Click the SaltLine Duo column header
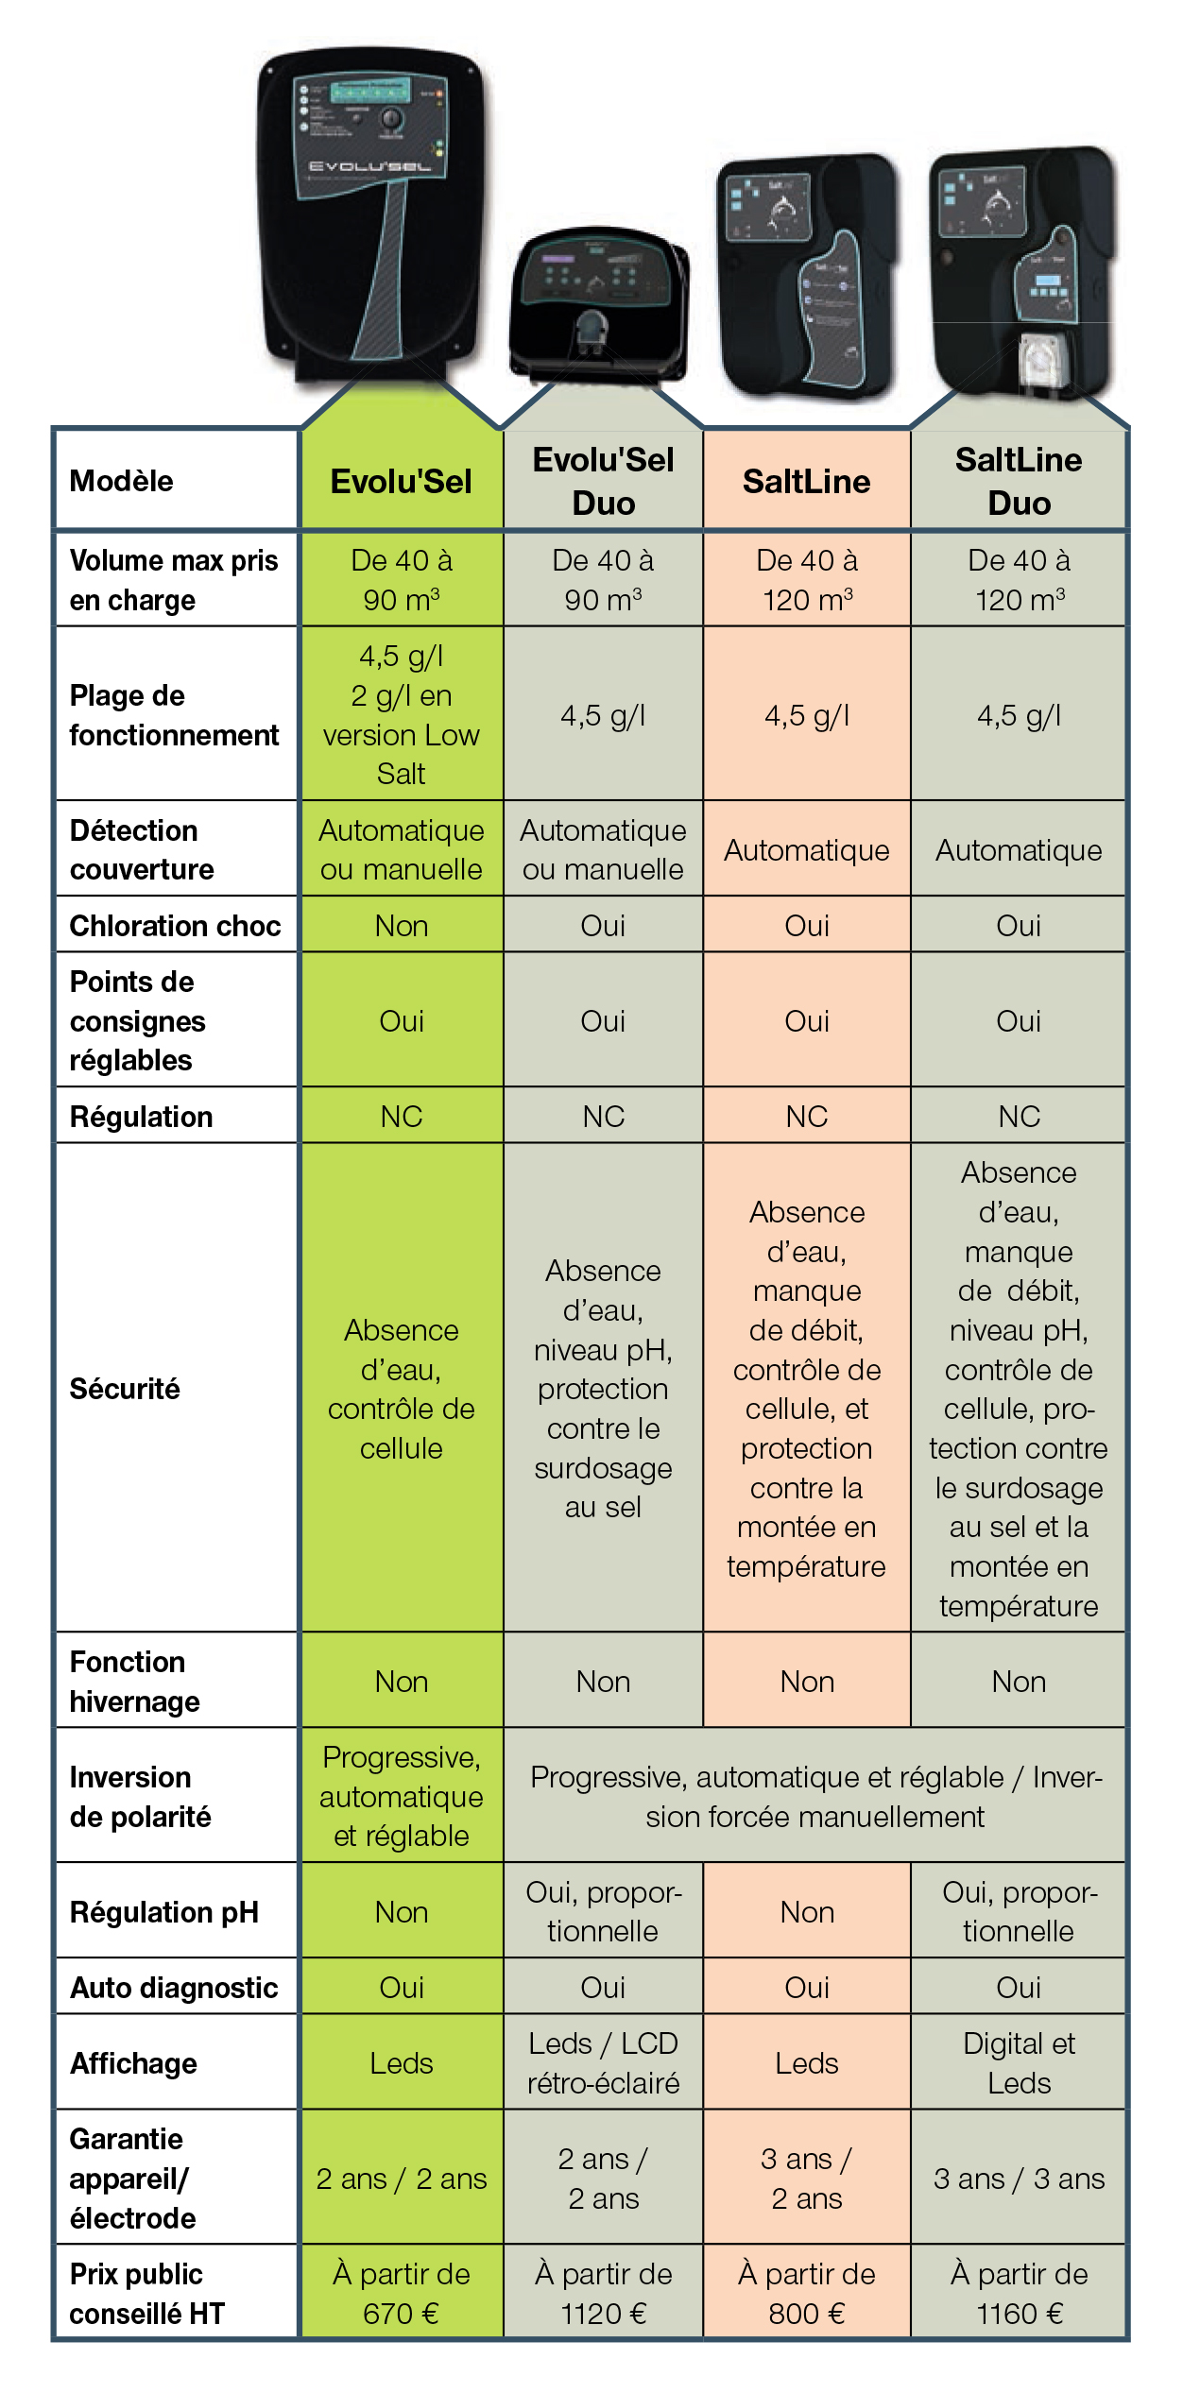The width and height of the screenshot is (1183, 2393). [1019, 481]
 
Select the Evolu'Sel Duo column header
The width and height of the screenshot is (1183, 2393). [603, 481]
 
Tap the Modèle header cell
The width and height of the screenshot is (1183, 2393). [122, 481]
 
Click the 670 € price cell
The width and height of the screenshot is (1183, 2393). [402, 2293]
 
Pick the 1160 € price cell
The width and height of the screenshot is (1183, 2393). [1019, 2293]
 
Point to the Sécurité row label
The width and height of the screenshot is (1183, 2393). [125, 1389]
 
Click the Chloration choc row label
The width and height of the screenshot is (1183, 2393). [175, 926]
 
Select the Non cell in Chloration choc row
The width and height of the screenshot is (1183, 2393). [402, 926]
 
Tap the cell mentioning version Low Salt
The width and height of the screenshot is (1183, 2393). [402, 714]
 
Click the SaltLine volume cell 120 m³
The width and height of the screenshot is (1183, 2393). [807, 580]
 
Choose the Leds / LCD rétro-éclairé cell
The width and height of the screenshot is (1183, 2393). [603, 2063]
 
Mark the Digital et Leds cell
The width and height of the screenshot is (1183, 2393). [1019, 2063]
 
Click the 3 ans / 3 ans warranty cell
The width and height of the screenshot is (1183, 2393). [1019, 2179]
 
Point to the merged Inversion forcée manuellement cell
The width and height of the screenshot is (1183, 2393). [814, 1797]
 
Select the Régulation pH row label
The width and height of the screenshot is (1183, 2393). [164, 1912]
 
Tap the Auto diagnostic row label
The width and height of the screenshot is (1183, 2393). [174, 1988]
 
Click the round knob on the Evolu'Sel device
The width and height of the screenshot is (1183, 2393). [390, 120]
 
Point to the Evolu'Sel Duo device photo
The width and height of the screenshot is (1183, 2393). [598, 302]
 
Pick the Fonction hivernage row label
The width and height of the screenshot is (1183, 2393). [135, 1682]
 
